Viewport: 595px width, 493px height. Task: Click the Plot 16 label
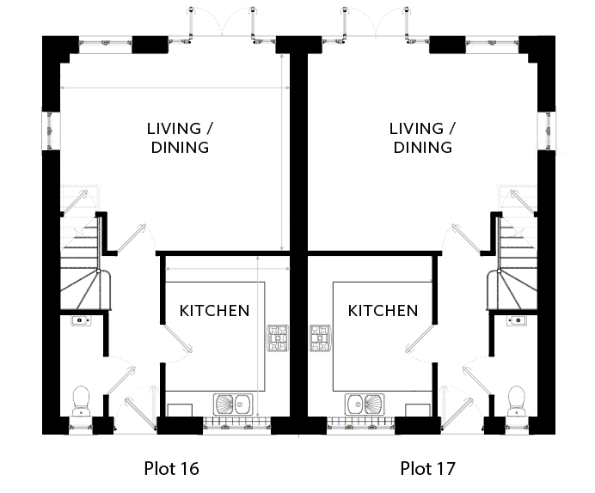click(x=171, y=469)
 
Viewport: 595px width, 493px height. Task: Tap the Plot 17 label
click(x=427, y=469)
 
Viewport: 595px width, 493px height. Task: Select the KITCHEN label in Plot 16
click(x=214, y=311)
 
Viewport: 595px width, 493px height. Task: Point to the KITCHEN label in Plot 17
click(x=383, y=311)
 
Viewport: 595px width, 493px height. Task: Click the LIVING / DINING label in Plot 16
click(x=180, y=138)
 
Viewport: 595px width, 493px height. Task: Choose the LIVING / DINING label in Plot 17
click(x=422, y=138)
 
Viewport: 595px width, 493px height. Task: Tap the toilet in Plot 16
click(x=81, y=401)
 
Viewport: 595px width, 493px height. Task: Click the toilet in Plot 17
click(x=517, y=401)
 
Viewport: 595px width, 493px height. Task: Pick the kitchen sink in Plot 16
click(x=233, y=405)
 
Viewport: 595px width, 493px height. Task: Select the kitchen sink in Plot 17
click(x=365, y=405)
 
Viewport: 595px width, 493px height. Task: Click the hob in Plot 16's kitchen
click(x=278, y=338)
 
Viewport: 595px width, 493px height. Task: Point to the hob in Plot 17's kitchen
click(x=320, y=338)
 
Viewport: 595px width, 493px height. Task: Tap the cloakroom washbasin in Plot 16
click(x=81, y=321)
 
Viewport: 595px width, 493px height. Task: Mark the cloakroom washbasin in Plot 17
click(x=517, y=321)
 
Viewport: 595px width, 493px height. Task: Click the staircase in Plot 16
click(x=81, y=261)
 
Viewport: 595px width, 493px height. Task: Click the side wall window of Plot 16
click(x=51, y=131)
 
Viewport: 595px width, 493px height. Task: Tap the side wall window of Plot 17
click(x=547, y=131)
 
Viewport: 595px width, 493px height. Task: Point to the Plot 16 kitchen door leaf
click(x=177, y=338)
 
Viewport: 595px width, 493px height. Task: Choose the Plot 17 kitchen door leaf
click(x=420, y=338)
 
